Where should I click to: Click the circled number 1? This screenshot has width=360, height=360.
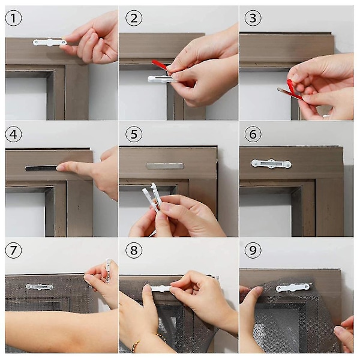14,18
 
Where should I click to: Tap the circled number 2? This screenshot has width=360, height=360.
134,18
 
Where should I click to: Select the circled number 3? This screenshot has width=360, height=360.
253,18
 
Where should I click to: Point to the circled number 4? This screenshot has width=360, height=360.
14,134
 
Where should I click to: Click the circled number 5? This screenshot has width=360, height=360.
134,134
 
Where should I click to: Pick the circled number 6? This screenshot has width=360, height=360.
253,134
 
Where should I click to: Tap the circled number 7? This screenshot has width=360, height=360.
14,250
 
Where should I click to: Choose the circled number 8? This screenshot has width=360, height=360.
134,250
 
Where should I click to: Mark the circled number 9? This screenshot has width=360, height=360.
253,250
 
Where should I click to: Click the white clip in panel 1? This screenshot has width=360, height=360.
50,43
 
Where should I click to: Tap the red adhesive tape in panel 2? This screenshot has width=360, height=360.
160,65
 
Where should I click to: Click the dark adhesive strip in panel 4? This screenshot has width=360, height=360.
41,168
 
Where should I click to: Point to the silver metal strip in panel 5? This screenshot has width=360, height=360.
165,166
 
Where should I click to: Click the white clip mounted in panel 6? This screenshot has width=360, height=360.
271,164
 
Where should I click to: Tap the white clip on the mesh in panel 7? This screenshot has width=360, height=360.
40,287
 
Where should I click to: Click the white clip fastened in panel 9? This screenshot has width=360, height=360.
293,287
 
